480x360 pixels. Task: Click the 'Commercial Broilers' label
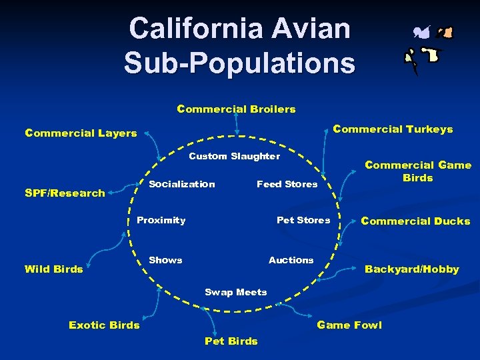236,109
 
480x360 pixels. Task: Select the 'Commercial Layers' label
81,133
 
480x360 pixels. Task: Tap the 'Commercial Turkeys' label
393,129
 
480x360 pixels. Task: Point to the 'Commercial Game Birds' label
417,171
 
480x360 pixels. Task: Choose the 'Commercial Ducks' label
415,221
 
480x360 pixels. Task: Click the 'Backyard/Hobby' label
411,269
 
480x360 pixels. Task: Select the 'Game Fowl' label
349,325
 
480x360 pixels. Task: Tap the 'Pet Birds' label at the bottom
231,341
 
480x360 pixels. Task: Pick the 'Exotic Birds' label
104,325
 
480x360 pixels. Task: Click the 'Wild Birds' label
53,269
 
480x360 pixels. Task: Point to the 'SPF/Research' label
65,193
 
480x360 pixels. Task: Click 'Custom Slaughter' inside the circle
235,156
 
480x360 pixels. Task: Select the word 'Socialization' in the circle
182,184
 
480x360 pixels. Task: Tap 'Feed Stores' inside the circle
287,184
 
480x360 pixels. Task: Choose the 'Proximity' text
161,220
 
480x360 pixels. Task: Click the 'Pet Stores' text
303,220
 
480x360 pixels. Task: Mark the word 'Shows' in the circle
165,260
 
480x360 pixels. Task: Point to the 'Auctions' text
291,260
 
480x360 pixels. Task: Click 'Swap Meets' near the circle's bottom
235,292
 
